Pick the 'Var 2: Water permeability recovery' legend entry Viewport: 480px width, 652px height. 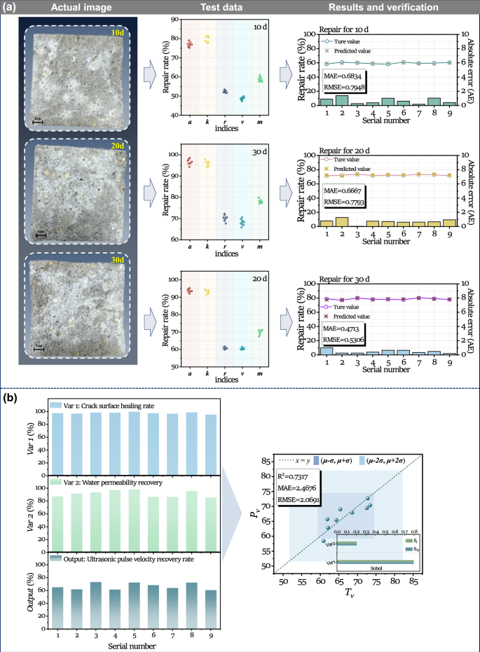click(x=114, y=483)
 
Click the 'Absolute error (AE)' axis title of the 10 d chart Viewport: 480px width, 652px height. click(x=473, y=67)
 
